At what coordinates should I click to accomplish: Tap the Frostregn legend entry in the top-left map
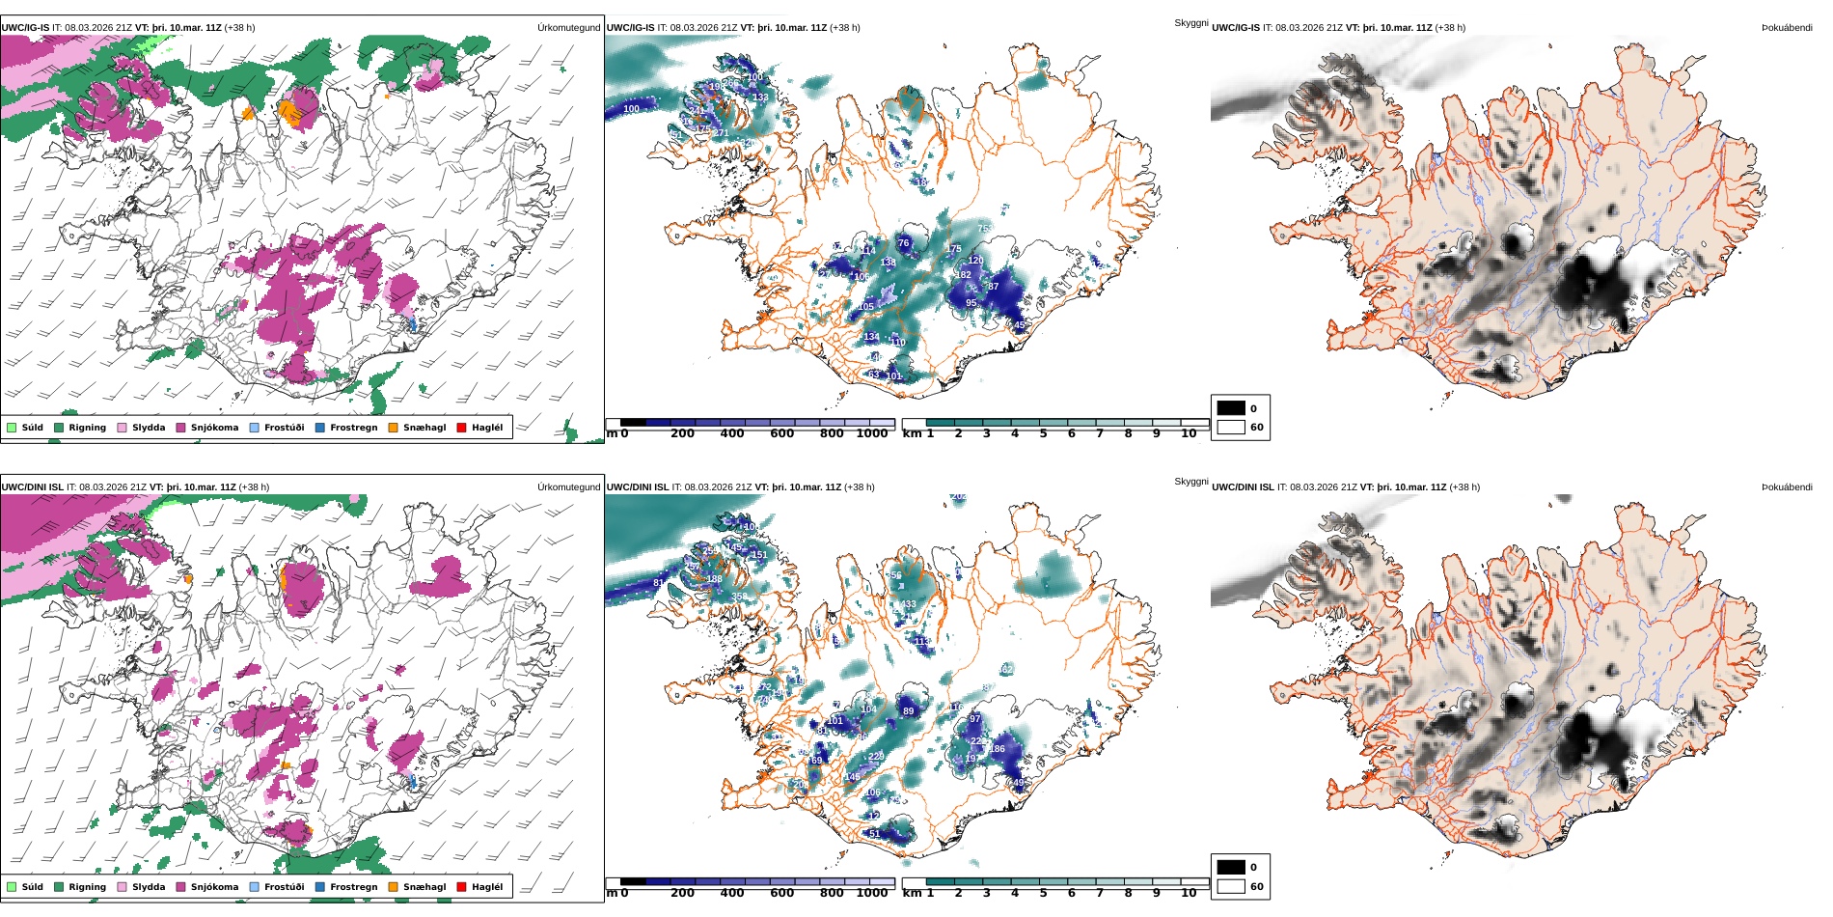(353, 428)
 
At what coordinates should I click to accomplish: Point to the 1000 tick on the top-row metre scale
(872, 433)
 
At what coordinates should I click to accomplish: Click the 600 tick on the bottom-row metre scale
(782, 893)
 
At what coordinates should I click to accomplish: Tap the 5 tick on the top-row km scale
(1043, 433)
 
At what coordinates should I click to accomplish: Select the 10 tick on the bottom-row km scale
(1189, 893)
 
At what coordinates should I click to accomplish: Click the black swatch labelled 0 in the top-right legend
(1231, 408)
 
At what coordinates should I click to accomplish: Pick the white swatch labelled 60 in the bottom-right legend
(1231, 886)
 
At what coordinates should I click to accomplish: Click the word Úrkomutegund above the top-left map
(568, 28)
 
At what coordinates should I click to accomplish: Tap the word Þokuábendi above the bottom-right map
(1787, 487)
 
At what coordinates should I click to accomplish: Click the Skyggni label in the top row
(1190, 23)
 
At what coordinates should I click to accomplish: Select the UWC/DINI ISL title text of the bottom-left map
(32, 487)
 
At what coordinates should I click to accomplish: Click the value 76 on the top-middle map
(903, 243)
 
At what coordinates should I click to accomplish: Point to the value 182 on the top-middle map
(963, 275)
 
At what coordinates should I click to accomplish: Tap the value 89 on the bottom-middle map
(908, 711)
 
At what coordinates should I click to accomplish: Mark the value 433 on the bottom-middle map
(908, 605)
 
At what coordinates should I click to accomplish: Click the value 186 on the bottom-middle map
(997, 749)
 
